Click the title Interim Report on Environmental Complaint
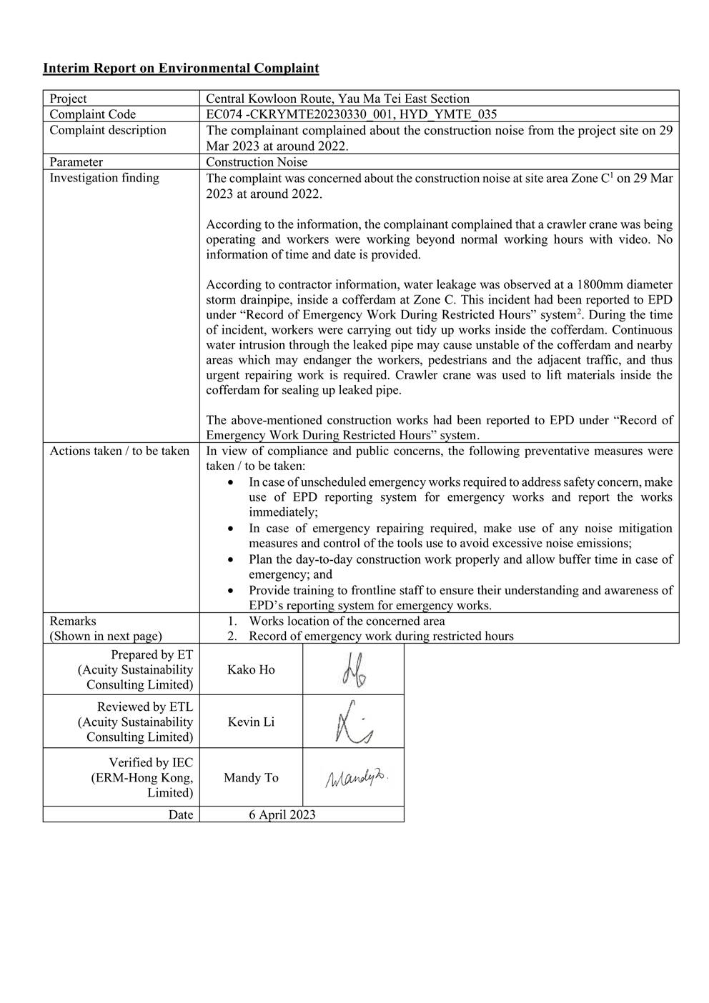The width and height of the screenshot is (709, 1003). (181, 69)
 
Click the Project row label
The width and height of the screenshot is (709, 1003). (68, 99)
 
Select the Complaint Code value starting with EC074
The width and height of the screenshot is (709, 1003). (351, 114)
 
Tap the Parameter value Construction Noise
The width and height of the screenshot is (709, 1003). (257, 162)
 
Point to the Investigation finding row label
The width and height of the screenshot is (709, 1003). (104, 178)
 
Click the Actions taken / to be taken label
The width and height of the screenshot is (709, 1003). (119, 451)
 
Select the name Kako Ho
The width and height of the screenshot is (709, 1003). (251, 669)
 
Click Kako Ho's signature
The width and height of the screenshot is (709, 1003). (353, 669)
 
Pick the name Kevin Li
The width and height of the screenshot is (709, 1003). (251, 722)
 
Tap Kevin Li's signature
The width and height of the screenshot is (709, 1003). (353, 722)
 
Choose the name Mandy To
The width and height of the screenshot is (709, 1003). (251, 777)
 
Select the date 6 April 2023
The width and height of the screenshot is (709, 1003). (282, 814)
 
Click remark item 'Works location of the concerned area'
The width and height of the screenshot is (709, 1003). (347, 622)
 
